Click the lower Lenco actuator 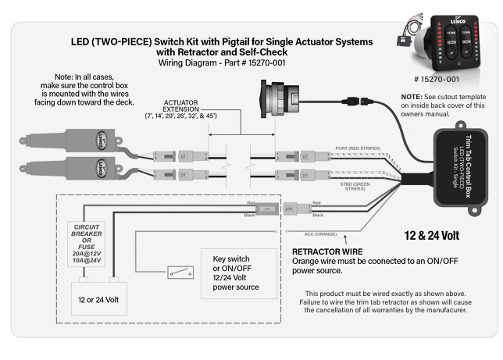pyautogui.click(x=79, y=166)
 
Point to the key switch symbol pyautogui.click(x=177, y=273)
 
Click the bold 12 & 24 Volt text pyautogui.click(x=434, y=235)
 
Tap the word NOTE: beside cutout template pyautogui.click(x=409, y=95)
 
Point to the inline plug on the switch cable pyautogui.click(x=355, y=100)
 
